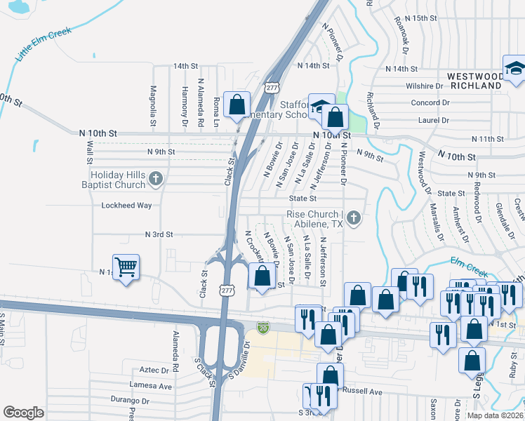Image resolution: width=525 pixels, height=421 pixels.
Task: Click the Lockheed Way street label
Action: pyautogui.click(x=126, y=206)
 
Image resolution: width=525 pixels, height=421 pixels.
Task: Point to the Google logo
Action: pyautogui.click(x=23, y=413)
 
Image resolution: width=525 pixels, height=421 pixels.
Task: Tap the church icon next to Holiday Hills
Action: pyautogui.click(x=155, y=180)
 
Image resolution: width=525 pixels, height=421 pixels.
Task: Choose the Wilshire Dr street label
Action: pyautogui.click(x=425, y=86)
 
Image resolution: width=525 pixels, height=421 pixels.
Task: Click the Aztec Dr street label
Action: pyautogui.click(x=155, y=370)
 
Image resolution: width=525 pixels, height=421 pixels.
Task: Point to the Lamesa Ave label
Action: pyautogui.click(x=151, y=386)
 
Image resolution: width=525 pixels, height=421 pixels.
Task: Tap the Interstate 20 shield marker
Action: pyautogui.click(x=262, y=328)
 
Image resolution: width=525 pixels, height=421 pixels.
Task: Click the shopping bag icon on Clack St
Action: pyautogui.click(x=237, y=105)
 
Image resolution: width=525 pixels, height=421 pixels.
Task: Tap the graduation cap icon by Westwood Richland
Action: pyautogui.click(x=516, y=69)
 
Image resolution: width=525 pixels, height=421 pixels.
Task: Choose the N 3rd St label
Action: pyautogui.click(x=159, y=234)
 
